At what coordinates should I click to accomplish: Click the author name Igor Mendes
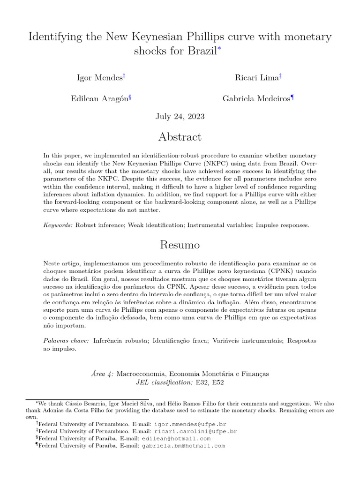(x=99, y=77)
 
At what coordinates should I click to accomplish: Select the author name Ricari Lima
(x=256, y=77)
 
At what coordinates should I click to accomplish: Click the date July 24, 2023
(x=180, y=116)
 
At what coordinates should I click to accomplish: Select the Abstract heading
(x=180, y=137)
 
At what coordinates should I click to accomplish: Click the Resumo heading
(x=180, y=245)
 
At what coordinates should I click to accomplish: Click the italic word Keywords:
(x=58, y=225)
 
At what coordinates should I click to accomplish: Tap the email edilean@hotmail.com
(x=179, y=439)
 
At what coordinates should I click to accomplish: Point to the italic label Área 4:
(x=101, y=374)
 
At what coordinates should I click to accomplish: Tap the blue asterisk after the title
(x=219, y=49)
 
